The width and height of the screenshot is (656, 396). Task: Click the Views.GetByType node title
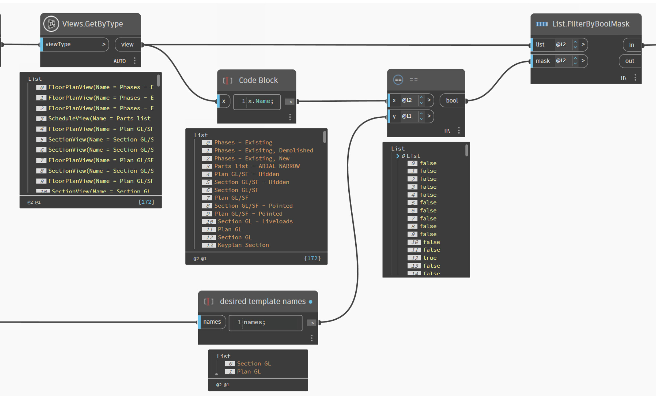[x=92, y=24]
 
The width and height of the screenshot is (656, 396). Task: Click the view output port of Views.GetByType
[x=127, y=45]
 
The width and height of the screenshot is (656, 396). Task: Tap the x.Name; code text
[x=261, y=101]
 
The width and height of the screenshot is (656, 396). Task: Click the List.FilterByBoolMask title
[x=591, y=24]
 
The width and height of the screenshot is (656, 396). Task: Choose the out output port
[x=630, y=61]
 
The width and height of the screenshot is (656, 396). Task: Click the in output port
[x=631, y=45]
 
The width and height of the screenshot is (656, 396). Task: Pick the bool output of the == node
[x=452, y=101]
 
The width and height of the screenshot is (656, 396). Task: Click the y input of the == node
[x=395, y=116]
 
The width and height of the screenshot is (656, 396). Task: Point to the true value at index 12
[x=430, y=258]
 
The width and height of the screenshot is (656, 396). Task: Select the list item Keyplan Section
[x=243, y=245]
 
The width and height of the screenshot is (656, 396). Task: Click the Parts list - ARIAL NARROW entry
[x=257, y=166]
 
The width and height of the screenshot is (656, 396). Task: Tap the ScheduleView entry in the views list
[x=99, y=119]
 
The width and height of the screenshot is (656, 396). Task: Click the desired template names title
[x=263, y=302]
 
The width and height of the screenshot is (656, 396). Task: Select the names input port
[x=212, y=322]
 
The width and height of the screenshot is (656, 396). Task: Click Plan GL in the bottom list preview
[x=249, y=372]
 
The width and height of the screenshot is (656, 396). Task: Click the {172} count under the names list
[x=312, y=258]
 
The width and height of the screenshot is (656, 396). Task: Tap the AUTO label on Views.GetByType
[x=120, y=61]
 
